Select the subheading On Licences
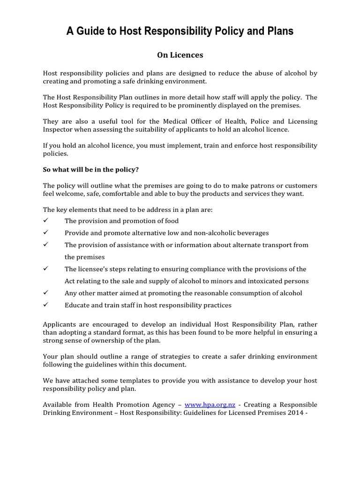(x=180, y=55)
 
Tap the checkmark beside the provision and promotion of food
(x=46, y=221)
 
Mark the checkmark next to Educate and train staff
(x=46, y=305)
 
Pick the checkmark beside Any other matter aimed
(x=46, y=293)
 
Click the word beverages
(x=252, y=233)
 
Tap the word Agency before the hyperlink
(x=164, y=404)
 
